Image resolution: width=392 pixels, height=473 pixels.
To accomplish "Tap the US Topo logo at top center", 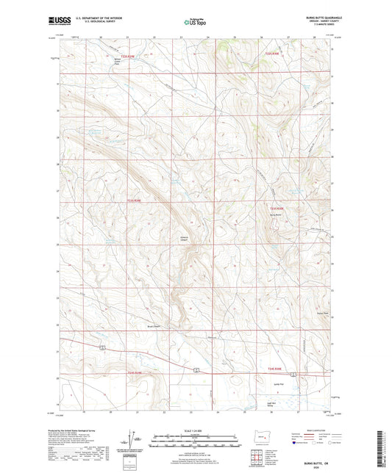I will pos(194,23).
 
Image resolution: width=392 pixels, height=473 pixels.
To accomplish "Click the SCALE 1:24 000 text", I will pos(196,430).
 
